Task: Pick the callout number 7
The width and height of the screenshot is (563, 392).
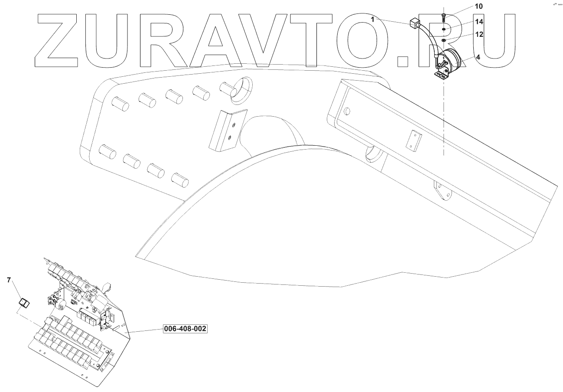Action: click(x=9, y=280)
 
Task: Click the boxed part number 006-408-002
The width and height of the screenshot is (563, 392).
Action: click(x=185, y=329)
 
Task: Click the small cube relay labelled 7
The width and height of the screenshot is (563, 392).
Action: click(x=23, y=302)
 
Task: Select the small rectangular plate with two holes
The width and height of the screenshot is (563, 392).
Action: click(x=415, y=141)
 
